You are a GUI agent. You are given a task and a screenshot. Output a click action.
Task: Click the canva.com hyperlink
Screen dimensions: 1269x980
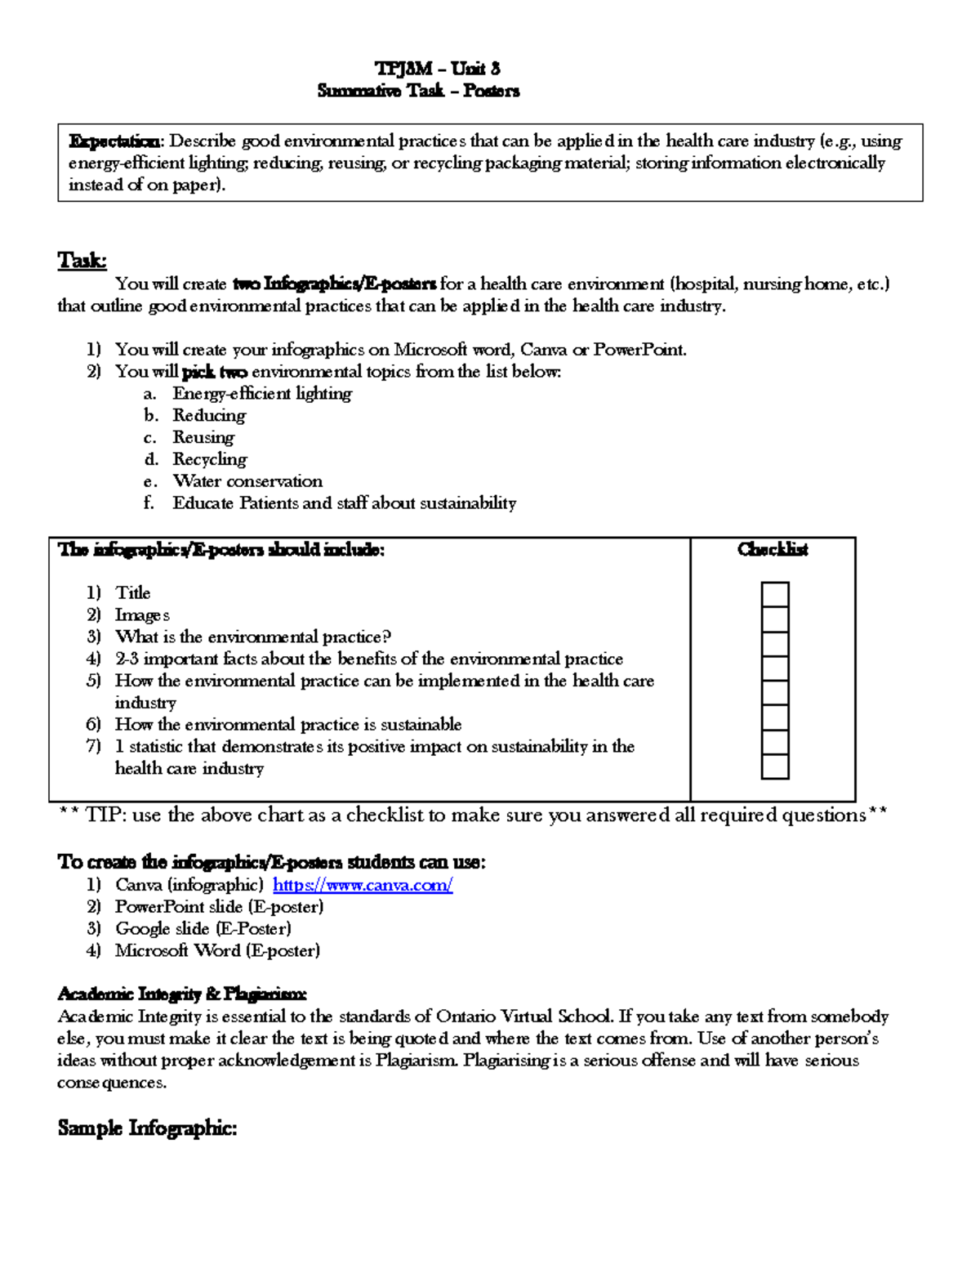click(362, 885)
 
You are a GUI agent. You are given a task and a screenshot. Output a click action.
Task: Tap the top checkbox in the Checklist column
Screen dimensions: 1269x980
click(774, 594)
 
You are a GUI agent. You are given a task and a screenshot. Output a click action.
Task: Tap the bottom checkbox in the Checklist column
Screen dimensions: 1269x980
click(774, 766)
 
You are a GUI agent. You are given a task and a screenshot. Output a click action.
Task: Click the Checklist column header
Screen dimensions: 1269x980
click(772, 550)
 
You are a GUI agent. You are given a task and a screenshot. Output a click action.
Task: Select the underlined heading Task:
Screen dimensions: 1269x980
click(82, 261)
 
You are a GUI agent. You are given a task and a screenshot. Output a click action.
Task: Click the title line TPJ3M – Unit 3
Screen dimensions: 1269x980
click(437, 69)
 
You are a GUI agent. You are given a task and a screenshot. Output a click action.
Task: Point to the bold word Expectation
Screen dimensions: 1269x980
click(114, 141)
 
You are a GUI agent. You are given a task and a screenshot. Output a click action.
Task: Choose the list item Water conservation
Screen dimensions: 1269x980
click(247, 481)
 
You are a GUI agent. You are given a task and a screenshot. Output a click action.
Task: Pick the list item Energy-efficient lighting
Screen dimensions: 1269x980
click(261, 394)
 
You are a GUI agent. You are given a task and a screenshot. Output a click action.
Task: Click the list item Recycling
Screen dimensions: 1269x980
click(209, 459)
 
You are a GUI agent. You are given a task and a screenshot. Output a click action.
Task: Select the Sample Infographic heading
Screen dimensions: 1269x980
click(147, 1128)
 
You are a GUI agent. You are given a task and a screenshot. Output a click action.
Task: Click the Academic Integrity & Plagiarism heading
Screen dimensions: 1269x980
click(181, 994)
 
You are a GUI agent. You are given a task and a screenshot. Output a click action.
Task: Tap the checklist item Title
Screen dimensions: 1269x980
click(132, 593)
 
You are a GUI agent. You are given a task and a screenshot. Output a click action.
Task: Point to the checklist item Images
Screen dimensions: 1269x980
click(142, 615)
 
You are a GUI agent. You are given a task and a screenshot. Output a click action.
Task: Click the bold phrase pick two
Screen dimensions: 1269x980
click(214, 373)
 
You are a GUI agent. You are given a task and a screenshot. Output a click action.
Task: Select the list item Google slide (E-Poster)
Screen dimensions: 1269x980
click(203, 929)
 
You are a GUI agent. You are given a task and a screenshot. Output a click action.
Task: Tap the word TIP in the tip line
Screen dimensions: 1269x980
click(103, 815)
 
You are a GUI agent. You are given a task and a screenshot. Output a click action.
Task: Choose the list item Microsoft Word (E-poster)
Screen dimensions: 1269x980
click(217, 951)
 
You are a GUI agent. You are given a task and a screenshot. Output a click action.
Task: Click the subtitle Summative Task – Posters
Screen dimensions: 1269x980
click(418, 91)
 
